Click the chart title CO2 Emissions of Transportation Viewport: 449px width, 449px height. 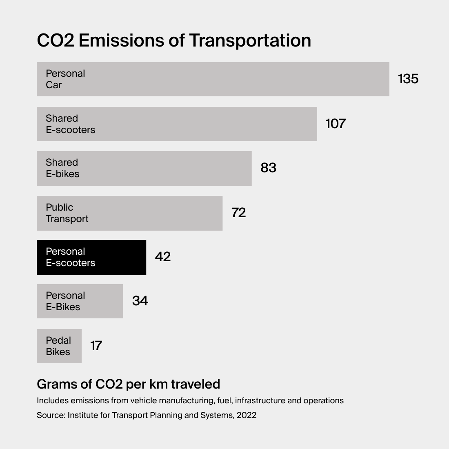[174, 40]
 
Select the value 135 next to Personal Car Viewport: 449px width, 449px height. [408, 79]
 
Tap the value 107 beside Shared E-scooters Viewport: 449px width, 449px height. [336, 124]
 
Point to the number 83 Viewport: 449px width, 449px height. [268, 168]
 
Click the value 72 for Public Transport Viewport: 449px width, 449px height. [238, 213]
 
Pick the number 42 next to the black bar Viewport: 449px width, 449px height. [162, 257]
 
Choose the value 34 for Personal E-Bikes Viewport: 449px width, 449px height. [140, 301]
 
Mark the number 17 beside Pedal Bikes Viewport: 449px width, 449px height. [96, 346]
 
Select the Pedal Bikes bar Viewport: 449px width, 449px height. [59, 346]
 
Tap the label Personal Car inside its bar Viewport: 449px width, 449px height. [65, 79]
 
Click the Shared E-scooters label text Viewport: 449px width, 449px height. [70, 124]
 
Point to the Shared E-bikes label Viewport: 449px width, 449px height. [62, 168]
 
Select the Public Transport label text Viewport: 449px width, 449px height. [67, 213]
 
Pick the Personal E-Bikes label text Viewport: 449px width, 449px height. [65, 301]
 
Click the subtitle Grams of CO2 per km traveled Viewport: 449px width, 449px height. [128, 384]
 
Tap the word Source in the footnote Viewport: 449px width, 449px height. [50, 415]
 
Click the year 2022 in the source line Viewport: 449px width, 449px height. [246, 415]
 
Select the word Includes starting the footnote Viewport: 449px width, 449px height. [52, 400]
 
